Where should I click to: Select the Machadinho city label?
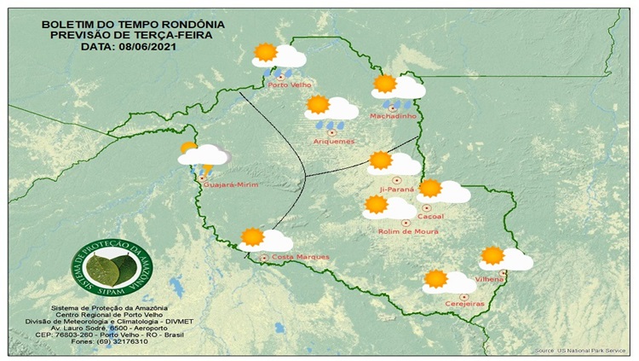(x=392, y=115)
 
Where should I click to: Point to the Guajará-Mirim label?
(x=227, y=183)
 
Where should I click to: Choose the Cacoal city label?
(x=432, y=217)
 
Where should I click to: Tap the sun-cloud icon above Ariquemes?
(x=331, y=108)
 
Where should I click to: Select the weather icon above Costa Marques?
(x=265, y=240)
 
